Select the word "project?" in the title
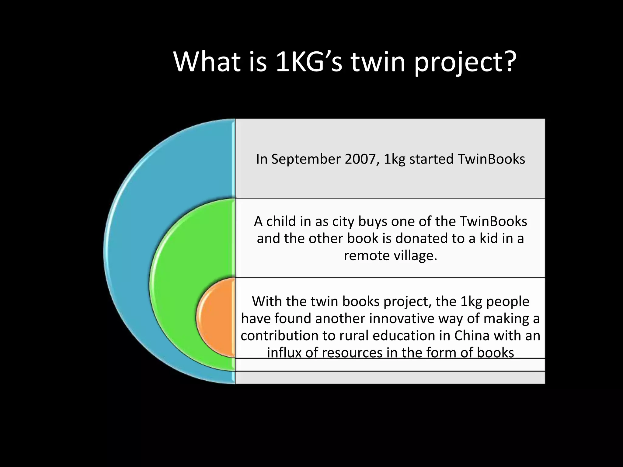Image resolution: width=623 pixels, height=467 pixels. (x=465, y=63)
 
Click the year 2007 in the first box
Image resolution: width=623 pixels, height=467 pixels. (x=362, y=159)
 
